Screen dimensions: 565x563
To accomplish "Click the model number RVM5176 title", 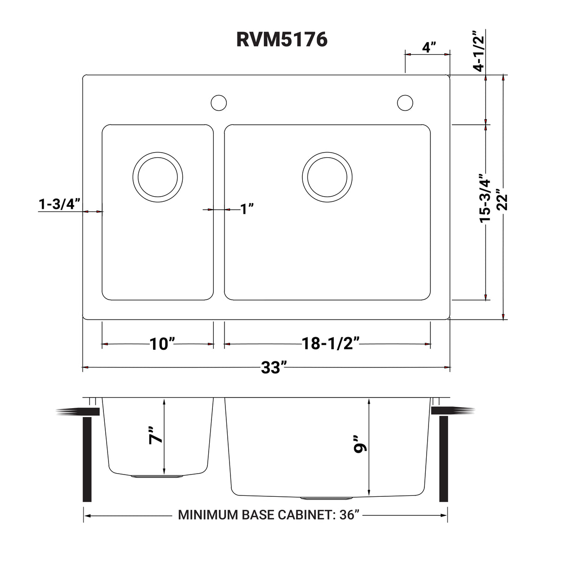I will (281, 40).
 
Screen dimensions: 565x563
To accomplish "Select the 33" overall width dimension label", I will (271, 368).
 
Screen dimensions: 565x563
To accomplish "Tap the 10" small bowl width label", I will (162, 344).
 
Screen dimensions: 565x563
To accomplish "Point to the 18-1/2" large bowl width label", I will (331, 344).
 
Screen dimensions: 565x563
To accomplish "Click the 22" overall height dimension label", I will (502, 199).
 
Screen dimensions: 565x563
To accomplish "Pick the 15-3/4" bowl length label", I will (486, 199).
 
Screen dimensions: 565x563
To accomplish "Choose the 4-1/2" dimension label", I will (478, 51).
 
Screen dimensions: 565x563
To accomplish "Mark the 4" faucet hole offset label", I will (429, 47).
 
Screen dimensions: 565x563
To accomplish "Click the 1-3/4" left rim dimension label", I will (60, 204).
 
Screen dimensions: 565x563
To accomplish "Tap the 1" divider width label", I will (247, 209).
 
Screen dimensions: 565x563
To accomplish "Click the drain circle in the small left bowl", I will (158, 177).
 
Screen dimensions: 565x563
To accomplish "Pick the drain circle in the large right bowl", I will (326, 177).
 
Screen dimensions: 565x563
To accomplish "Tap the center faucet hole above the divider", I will (218, 103).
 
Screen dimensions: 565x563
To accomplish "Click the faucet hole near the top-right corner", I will (405, 103).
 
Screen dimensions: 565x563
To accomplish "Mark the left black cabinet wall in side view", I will (87, 459).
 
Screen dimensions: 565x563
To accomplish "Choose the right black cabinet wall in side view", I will (443, 459).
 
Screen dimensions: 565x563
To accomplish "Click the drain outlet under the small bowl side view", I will (157, 476).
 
